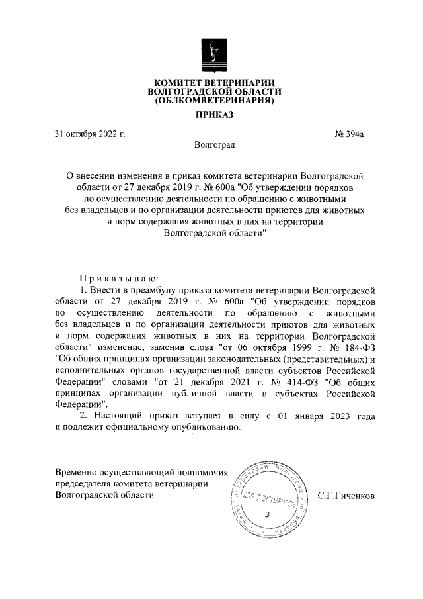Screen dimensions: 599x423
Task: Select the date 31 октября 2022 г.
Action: pyautogui.click(x=91, y=134)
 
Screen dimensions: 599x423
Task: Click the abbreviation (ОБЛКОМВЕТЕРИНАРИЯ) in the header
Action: pyautogui.click(x=214, y=102)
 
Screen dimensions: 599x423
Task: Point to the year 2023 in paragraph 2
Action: pyautogui.click(x=336, y=416)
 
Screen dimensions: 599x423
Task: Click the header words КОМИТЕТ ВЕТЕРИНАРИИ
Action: pyautogui.click(x=214, y=82)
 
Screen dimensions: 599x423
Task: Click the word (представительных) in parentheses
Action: pyautogui.click(x=323, y=359)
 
